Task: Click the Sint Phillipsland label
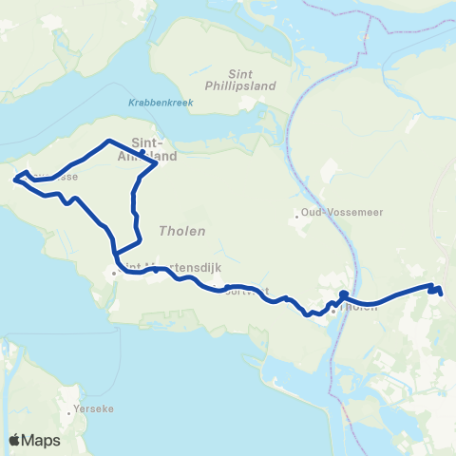(x=252, y=78)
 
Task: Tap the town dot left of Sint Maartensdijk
(x=114, y=273)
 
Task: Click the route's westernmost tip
(x=14, y=178)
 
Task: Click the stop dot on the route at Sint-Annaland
(x=142, y=152)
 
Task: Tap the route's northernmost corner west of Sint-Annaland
(x=107, y=141)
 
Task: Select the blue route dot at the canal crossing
(x=342, y=294)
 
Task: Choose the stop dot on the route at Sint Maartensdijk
(x=156, y=270)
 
